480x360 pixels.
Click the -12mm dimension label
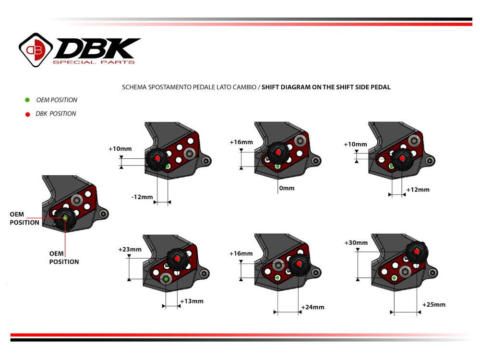click(x=142, y=197)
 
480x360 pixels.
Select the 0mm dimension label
click(x=287, y=189)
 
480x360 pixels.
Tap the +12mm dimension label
click(x=418, y=190)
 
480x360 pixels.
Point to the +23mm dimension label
click(x=130, y=249)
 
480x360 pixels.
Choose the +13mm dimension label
click(x=192, y=301)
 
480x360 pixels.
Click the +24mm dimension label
click(x=312, y=307)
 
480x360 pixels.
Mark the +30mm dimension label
click(x=356, y=243)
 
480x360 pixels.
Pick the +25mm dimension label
click(x=434, y=305)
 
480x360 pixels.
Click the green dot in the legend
click(x=27, y=100)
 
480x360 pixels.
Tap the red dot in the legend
click(x=27, y=114)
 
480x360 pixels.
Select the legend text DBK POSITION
click(x=56, y=114)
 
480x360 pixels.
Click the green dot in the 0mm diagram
click(x=278, y=167)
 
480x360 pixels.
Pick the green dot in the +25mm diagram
click(x=394, y=278)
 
